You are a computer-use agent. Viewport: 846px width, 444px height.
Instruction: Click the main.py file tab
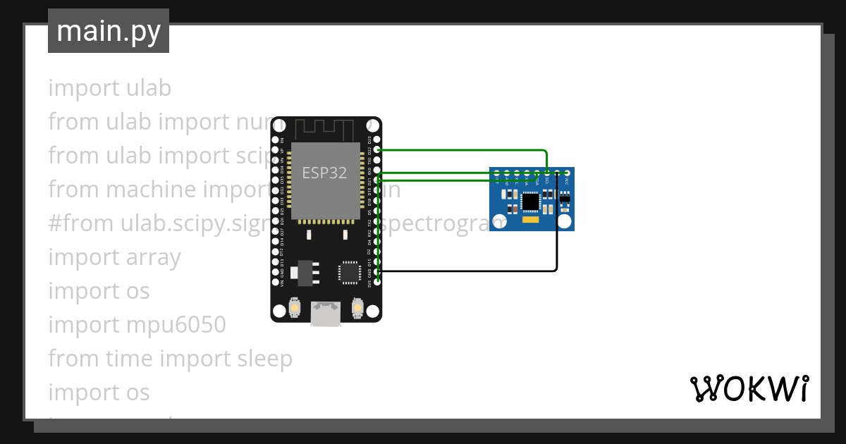tap(109, 31)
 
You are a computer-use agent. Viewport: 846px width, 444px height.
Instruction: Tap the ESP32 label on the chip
tap(324, 173)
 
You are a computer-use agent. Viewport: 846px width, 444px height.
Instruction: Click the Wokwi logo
tap(749, 388)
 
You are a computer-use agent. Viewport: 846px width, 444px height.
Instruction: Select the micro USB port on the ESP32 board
tap(326, 314)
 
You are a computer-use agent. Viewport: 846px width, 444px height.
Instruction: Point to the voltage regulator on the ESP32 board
tap(305, 272)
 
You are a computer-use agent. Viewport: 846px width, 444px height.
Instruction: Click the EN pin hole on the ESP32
tap(276, 140)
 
